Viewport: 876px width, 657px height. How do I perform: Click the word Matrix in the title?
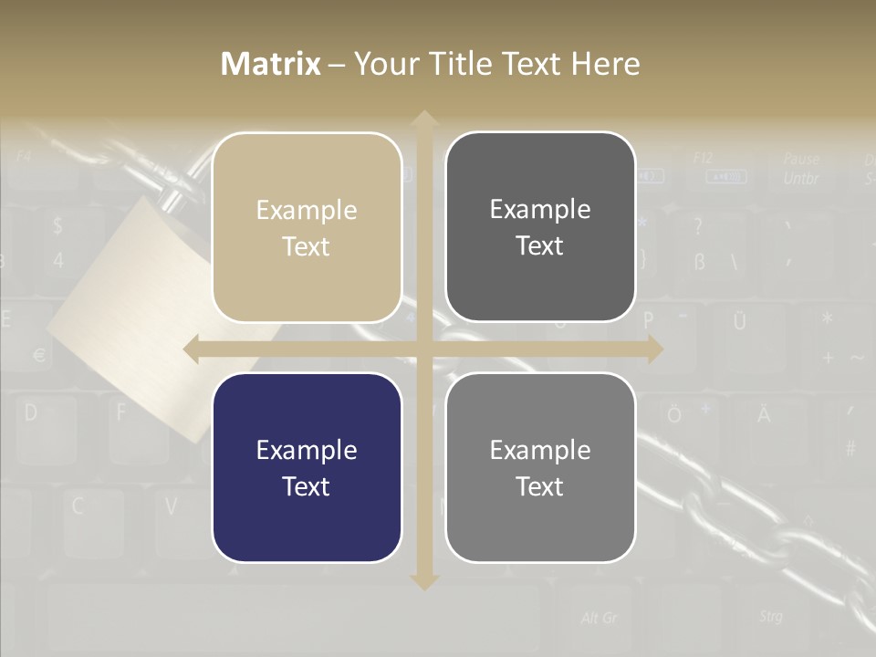(x=270, y=64)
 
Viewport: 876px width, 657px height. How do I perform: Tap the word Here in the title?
(x=605, y=64)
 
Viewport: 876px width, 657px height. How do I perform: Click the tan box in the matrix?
(x=307, y=227)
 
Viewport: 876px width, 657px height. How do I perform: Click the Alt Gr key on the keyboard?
(x=599, y=618)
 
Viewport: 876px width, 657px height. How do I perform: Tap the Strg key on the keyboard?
(x=770, y=617)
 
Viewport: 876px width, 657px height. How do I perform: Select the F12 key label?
(x=703, y=158)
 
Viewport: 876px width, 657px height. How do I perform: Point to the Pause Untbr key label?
(x=800, y=169)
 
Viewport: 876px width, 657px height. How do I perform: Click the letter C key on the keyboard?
(x=78, y=506)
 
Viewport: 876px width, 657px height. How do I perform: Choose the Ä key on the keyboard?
(x=763, y=416)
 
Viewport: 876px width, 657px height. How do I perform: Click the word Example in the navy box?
(x=306, y=450)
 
